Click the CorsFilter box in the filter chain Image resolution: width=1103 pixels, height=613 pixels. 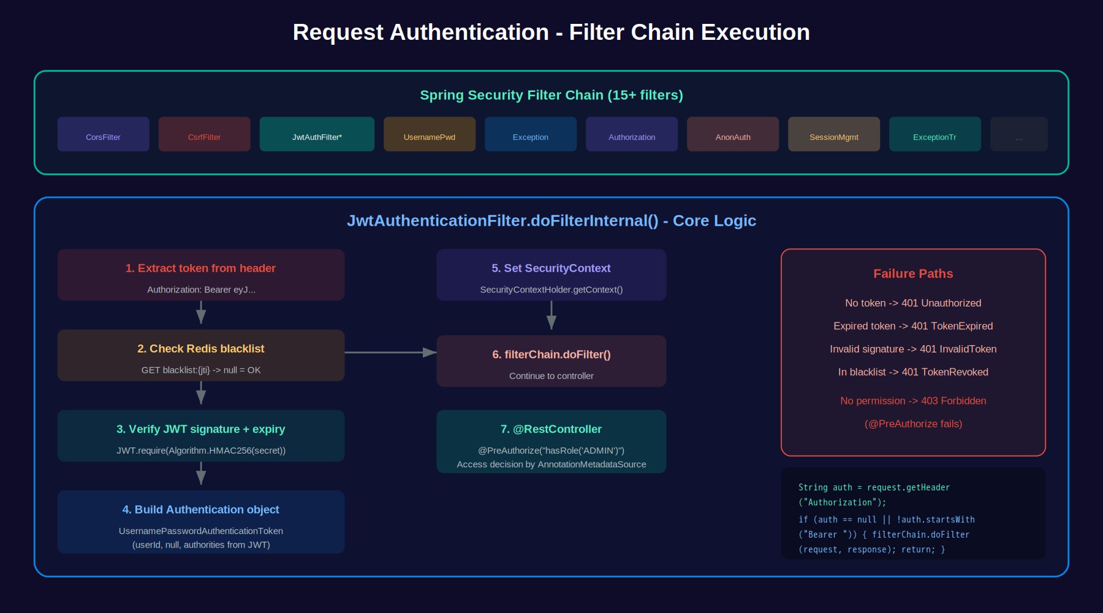click(103, 134)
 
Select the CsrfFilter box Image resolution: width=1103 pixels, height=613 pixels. click(204, 134)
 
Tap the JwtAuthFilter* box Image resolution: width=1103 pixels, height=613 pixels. click(317, 134)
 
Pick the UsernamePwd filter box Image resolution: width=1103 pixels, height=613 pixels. click(430, 134)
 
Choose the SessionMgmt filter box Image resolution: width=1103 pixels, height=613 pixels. click(834, 134)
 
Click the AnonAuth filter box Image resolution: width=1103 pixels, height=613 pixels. click(733, 134)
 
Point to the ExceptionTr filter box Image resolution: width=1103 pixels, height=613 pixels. click(935, 134)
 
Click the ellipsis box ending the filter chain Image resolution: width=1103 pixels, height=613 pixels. click(1019, 134)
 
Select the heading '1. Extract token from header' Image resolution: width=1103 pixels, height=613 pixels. click(200, 268)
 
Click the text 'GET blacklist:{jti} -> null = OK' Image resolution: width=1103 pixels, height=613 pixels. click(201, 370)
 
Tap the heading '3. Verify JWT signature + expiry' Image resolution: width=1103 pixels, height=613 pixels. click(201, 429)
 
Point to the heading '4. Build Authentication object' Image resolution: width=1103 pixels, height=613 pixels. click(200, 509)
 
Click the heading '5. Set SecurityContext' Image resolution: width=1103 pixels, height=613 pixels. click(551, 268)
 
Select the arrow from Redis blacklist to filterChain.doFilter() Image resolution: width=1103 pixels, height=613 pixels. click(390, 352)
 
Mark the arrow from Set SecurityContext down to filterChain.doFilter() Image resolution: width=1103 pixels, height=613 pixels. click(551, 315)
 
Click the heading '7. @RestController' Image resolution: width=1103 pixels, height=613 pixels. click(551, 429)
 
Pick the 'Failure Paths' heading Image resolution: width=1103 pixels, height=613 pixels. click(913, 273)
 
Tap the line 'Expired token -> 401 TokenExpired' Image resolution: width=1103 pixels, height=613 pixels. click(913, 326)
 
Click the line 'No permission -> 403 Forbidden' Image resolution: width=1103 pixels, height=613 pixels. click(913, 401)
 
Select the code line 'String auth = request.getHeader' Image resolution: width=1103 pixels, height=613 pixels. click(874, 487)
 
